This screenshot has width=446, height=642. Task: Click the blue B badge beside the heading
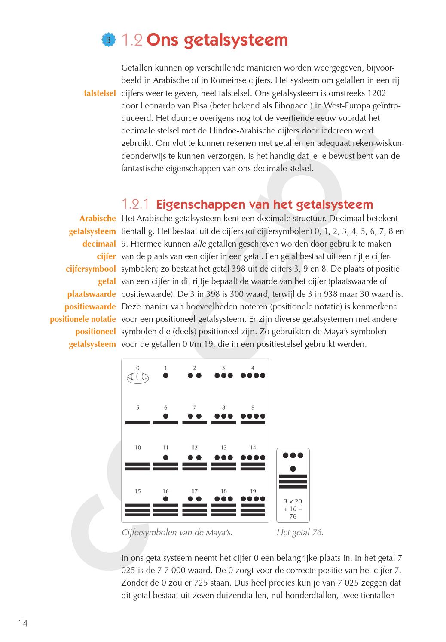(109, 40)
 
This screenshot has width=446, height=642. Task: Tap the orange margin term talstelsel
(100, 93)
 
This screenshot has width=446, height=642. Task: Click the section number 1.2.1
(135, 204)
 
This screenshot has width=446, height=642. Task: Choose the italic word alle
(199, 244)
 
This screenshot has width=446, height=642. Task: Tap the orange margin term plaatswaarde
(92, 294)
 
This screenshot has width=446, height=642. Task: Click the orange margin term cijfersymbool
(91, 269)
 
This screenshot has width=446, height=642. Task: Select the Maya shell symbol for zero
(137, 378)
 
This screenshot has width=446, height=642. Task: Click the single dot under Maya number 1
(165, 376)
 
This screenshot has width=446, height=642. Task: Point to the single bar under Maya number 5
(137, 423)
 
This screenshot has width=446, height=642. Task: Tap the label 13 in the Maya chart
(223, 448)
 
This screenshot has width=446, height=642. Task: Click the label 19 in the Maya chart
(253, 491)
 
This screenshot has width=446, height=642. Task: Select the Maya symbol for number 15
(137, 509)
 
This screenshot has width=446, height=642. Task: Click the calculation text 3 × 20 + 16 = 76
(293, 509)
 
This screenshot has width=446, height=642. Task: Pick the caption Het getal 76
(300, 533)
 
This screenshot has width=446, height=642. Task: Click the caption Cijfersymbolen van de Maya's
(177, 533)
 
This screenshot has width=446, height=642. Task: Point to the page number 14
(23, 623)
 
